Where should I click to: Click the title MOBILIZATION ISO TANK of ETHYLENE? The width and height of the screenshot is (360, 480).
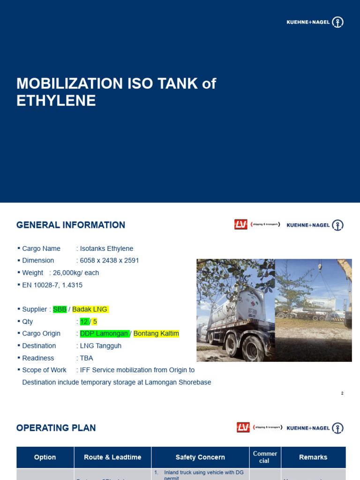click(x=116, y=92)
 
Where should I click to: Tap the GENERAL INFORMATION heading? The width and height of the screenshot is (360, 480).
click(x=71, y=225)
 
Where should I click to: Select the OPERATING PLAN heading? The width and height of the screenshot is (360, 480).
click(x=56, y=427)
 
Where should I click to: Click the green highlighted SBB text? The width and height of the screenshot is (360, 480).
click(x=60, y=309)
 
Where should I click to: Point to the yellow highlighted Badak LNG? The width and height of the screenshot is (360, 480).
click(x=90, y=309)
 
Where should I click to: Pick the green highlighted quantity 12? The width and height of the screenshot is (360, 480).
click(x=84, y=322)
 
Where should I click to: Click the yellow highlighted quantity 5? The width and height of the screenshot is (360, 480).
click(x=95, y=322)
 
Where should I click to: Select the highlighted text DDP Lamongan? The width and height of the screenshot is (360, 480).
click(x=105, y=334)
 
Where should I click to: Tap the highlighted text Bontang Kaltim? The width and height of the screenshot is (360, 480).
click(x=156, y=334)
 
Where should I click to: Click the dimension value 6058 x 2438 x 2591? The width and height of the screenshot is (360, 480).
click(x=109, y=261)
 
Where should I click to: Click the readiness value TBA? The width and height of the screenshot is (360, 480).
click(x=86, y=358)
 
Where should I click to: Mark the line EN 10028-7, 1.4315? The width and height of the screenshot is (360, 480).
click(x=52, y=285)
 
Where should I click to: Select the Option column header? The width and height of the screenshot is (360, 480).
click(x=45, y=457)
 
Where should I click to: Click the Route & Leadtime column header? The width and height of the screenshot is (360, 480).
click(x=112, y=457)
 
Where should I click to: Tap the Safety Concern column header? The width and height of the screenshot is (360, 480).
click(x=200, y=457)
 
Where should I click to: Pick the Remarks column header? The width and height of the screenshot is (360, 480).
click(x=313, y=457)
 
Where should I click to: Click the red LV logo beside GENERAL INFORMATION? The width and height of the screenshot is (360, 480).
click(x=241, y=225)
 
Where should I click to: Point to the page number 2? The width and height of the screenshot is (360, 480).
click(x=342, y=393)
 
